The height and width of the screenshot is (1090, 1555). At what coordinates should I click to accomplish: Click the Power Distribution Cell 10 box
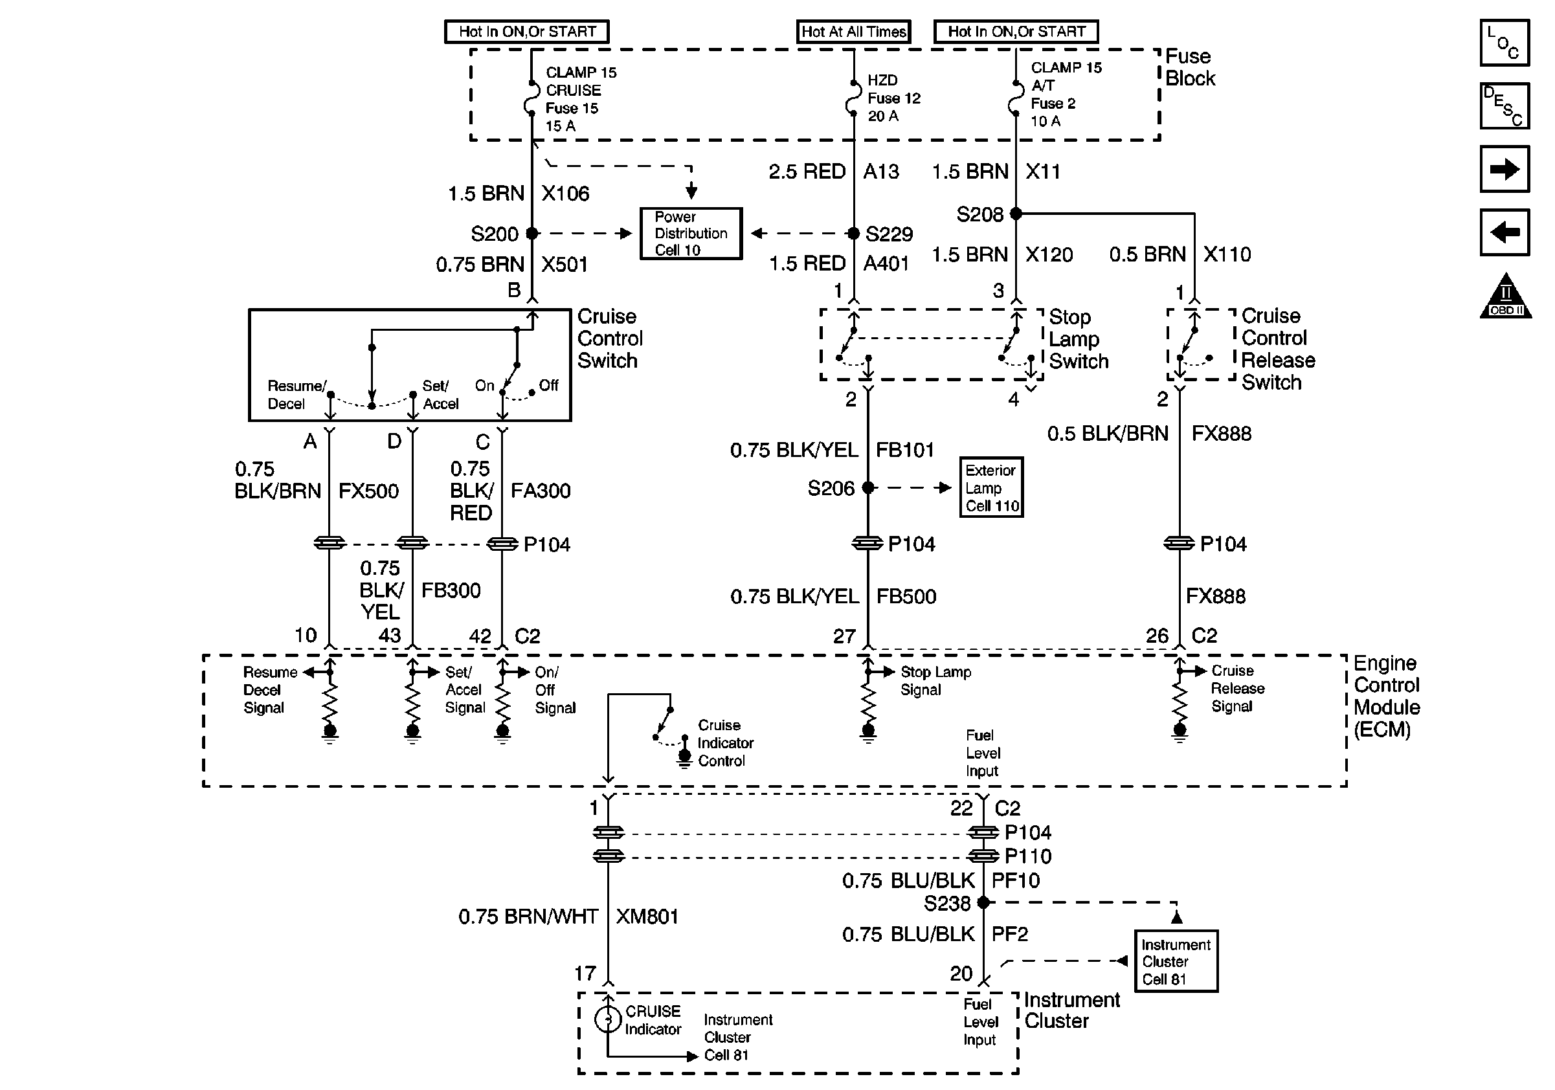point(691,234)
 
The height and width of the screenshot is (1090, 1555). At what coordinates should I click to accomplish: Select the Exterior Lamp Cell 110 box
point(991,487)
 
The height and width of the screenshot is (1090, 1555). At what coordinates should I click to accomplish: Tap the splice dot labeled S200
point(532,234)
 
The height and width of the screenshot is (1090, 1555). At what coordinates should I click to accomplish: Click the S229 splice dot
point(854,234)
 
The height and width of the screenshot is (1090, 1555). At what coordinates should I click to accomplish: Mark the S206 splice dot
point(868,487)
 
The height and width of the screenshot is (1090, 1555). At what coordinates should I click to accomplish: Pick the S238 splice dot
point(983,902)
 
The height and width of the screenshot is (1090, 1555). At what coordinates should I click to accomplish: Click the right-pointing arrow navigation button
point(1505,169)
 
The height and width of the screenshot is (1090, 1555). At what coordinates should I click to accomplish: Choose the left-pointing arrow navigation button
point(1505,233)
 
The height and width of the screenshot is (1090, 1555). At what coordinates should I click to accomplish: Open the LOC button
point(1505,43)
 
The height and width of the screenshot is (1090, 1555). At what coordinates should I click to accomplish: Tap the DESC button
point(1505,106)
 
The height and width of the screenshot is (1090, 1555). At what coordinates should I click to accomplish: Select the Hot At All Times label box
point(853,32)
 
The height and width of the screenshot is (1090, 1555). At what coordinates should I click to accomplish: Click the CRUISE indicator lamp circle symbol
point(607,1019)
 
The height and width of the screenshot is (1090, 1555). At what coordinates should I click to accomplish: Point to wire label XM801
point(647,917)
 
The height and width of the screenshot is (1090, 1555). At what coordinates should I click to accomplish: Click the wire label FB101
point(905,450)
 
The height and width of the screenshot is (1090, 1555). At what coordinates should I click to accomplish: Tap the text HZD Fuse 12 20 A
point(893,98)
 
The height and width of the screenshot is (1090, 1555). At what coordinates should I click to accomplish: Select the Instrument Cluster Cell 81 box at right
point(1176,961)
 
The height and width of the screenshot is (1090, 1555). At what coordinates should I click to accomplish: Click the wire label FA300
point(541,491)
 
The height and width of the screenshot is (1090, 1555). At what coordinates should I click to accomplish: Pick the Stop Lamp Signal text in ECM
point(935,681)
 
